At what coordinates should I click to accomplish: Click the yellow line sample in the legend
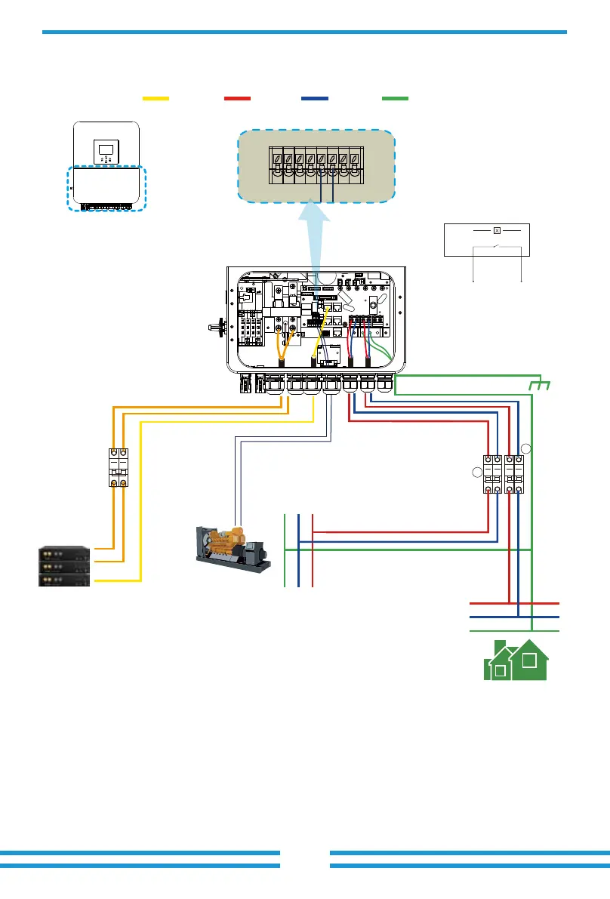(156, 98)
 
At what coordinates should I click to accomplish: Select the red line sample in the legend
(237, 98)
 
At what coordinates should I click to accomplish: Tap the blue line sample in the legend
(314, 98)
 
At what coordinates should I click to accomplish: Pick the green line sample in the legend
(395, 98)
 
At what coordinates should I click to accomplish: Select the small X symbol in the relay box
(497, 230)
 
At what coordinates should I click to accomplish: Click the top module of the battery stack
(65, 554)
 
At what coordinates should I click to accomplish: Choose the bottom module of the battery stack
(65, 579)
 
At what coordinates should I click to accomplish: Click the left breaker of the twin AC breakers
(493, 474)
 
